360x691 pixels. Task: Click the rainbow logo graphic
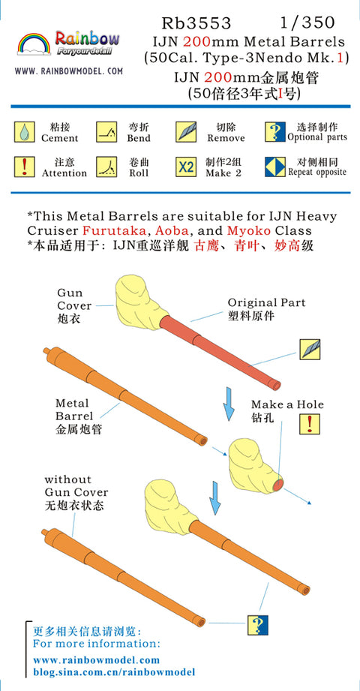tap(34, 44)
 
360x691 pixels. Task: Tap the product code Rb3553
tap(196, 23)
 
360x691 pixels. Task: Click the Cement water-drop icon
tap(24, 132)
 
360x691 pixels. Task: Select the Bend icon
tap(106, 132)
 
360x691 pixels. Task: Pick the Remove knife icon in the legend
tap(186, 132)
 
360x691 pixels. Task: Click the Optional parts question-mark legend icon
tap(275, 132)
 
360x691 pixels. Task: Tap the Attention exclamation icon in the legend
tap(24, 167)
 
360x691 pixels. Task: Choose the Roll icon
tap(106, 167)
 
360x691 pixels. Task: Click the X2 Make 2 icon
tap(186, 167)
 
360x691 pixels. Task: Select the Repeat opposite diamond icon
tap(275, 167)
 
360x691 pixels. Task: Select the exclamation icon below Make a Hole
tap(310, 424)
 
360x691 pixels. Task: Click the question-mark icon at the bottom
tap(258, 624)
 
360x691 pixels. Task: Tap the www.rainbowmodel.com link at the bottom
tap(97, 660)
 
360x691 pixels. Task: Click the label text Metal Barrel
tap(74, 410)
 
